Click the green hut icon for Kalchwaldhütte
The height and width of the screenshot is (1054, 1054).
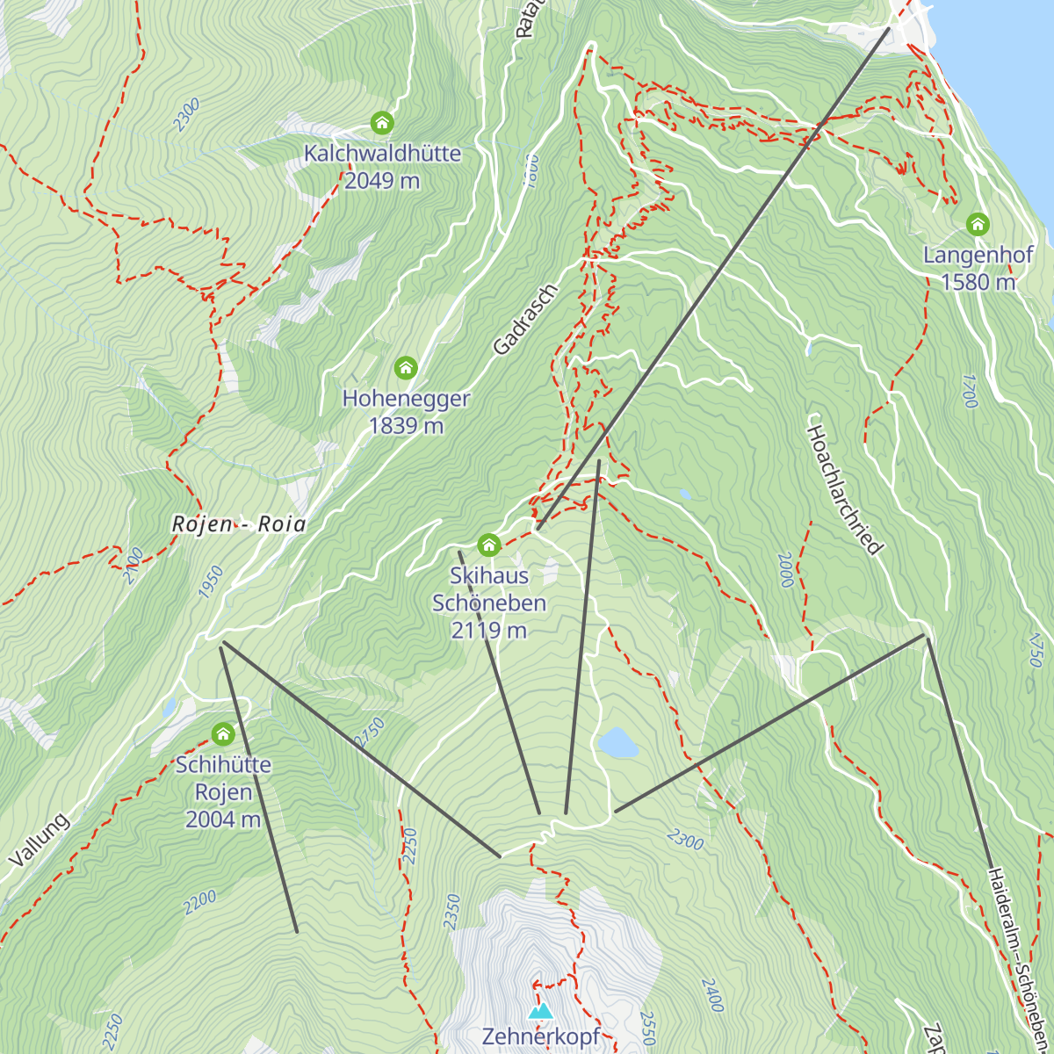[382, 122]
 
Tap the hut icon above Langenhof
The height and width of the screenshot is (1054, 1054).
[978, 225]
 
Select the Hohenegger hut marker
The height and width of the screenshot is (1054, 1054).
[405, 367]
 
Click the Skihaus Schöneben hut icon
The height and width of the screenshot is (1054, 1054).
[489, 545]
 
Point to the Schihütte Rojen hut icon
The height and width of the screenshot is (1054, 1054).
[223, 733]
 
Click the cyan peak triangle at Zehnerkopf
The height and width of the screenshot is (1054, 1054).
[540, 1011]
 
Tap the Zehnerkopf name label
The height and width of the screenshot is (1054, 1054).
[540, 1036]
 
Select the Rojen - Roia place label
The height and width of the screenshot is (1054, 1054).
[239, 524]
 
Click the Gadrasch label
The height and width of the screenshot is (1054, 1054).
[525, 320]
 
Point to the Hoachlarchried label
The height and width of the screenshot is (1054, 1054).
[843, 489]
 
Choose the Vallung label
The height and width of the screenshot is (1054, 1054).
[39, 841]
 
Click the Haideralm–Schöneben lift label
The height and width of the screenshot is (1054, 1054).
[1019, 957]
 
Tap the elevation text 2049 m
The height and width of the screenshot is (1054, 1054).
[382, 181]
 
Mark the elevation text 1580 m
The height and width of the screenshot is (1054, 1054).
[978, 282]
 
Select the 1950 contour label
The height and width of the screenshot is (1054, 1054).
[211, 582]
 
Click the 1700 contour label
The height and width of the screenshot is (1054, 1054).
[968, 391]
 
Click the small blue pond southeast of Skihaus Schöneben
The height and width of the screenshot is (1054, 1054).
[617, 742]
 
